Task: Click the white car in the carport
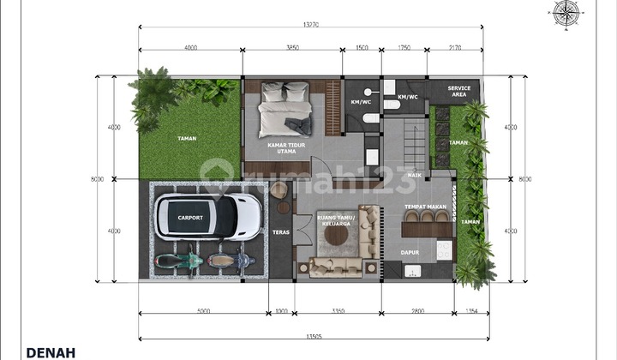pyautogui.click(x=207, y=218)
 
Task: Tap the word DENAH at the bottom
pyautogui.click(x=51, y=351)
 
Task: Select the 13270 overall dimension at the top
pyautogui.click(x=311, y=25)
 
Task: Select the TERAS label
pyautogui.click(x=280, y=232)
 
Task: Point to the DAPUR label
pyautogui.click(x=410, y=252)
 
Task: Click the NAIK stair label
pyautogui.click(x=414, y=175)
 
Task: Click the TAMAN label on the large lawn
pyautogui.click(x=187, y=138)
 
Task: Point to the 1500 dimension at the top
pyautogui.click(x=362, y=48)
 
